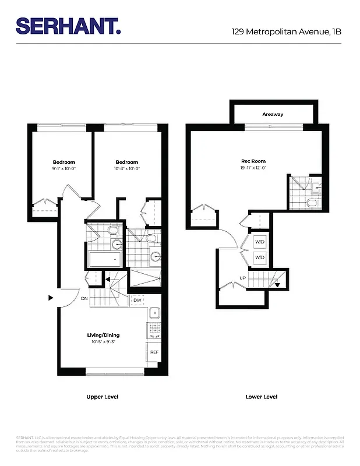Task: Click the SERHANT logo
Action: [x=68, y=26]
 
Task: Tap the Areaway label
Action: [x=273, y=114]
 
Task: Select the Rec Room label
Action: [x=253, y=161]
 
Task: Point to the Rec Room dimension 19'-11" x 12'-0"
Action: [x=253, y=168]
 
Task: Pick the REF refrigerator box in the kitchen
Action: [x=154, y=353]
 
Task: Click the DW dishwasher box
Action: [x=137, y=301]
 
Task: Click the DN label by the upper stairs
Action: [x=84, y=298]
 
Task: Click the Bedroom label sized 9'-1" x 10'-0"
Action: [x=64, y=162]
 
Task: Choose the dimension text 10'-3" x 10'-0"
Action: [x=126, y=168]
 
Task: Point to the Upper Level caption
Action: [x=103, y=397]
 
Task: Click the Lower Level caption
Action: [x=261, y=397]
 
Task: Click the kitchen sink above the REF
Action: [x=154, y=315]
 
